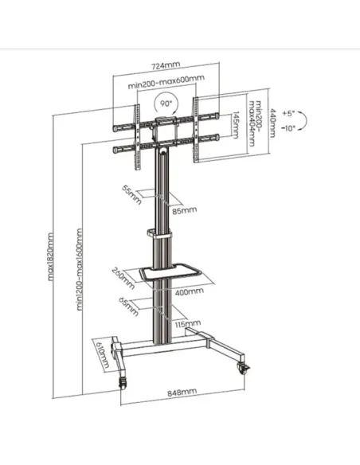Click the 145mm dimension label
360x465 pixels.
[235, 126]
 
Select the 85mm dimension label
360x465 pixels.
[183, 211]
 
